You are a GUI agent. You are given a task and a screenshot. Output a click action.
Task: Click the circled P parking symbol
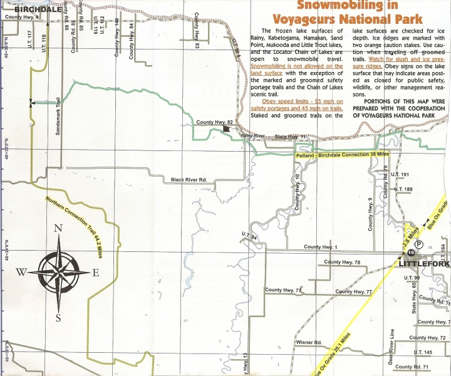click(x=419, y=244)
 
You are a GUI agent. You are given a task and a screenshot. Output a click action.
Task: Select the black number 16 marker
click(x=411, y=252)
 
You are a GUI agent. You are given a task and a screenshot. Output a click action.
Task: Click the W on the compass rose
click(x=21, y=272)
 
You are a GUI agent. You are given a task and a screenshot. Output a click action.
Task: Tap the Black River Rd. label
click(x=189, y=180)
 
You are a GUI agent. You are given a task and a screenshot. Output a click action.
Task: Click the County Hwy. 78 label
click(x=342, y=262)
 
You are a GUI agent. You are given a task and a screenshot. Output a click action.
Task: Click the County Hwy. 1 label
click(x=321, y=248)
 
